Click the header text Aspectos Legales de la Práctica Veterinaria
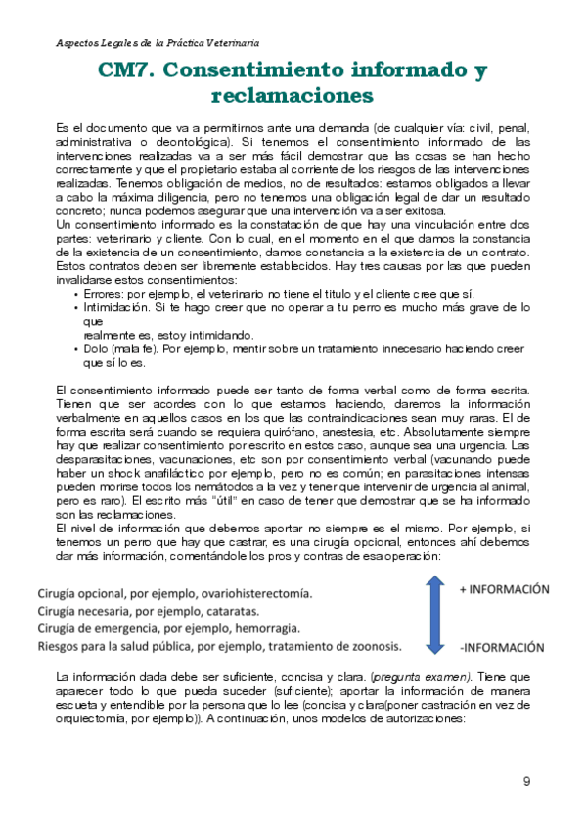click(x=157, y=44)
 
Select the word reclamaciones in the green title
click(x=293, y=96)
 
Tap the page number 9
click(x=527, y=781)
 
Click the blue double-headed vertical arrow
click(x=435, y=614)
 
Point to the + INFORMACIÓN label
click(x=504, y=589)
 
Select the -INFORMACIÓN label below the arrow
click(x=502, y=647)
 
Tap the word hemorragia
click(x=265, y=628)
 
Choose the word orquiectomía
click(x=96, y=715)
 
